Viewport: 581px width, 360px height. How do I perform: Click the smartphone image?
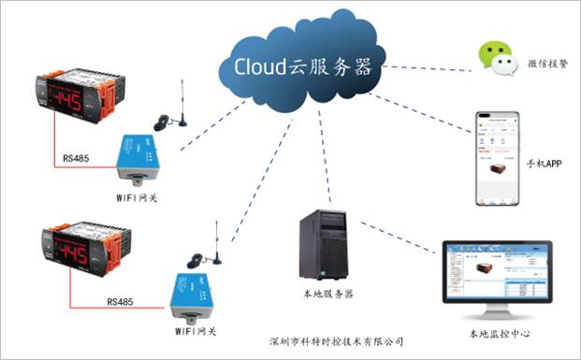pos(497,159)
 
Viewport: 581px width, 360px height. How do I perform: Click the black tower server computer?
pos(323,246)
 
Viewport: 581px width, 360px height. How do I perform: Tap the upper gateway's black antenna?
pos(182,102)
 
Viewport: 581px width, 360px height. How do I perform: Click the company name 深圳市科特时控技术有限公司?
pos(334,341)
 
